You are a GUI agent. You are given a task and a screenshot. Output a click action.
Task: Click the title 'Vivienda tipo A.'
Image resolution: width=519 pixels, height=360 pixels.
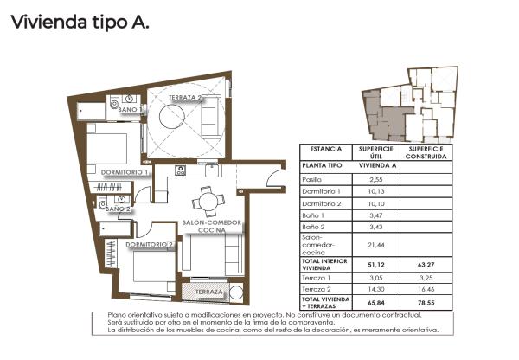pyautogui.click(x=80, y=22)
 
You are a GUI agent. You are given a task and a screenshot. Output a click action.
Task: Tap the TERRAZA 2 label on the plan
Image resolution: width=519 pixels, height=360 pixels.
pyautogui.click(x=187, y=98)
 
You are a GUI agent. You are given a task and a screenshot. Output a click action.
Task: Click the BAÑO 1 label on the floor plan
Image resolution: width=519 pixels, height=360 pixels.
pyautogui.click(x=130, y=110)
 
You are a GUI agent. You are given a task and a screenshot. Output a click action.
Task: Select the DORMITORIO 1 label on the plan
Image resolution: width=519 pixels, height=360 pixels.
pyautogui.click(x=126, y=172)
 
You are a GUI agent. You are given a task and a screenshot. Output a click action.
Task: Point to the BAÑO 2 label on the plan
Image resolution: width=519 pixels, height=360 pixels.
pyautogui.click(x=118, y=209)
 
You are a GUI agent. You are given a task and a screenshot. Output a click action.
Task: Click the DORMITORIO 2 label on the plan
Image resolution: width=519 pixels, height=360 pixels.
pyautogui.click(x=150, y=244)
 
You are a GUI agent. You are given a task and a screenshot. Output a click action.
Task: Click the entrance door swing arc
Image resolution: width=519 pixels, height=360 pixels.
pyautogui.click(x=275, y=179)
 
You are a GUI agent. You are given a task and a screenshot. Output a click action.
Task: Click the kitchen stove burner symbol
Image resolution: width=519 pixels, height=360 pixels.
pyautogui.click(x=180, y=170)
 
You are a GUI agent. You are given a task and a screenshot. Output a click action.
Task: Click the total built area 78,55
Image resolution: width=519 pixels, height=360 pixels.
pyautogui.click(x=426, y=305)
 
